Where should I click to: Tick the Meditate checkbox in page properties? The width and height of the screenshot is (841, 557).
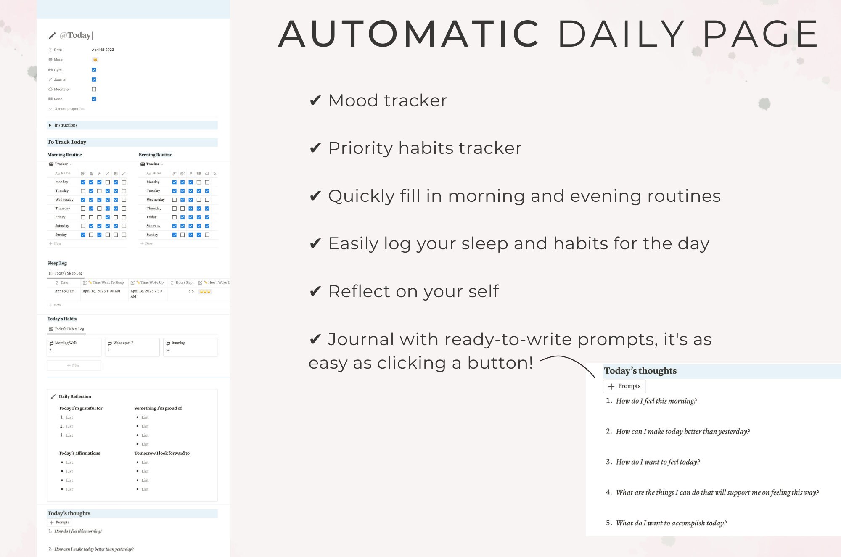point(94,89)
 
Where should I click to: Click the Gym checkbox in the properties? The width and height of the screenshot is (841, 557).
point(94,70)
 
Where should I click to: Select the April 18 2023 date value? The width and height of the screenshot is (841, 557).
point(103,50)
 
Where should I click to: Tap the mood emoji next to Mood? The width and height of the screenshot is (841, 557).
point(95,60)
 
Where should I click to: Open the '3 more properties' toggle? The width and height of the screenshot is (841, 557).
point(69,109)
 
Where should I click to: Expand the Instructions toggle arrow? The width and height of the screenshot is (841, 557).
point(50,125)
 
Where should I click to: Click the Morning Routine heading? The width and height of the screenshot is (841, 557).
point(64,155)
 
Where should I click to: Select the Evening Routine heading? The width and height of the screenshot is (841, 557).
point(156,155)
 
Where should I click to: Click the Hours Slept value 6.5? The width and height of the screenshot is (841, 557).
point(191,291)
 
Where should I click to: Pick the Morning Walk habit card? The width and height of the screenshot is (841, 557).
point(74,347)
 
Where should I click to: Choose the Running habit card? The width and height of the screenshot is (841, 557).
point(190,347)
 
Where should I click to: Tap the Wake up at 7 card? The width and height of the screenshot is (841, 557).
point(132,347)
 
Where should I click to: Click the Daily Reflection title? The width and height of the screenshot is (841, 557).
point(75,396)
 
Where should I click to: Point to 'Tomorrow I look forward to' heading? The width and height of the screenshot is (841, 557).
point(162,453)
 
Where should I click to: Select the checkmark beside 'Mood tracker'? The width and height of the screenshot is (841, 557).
point(315,101)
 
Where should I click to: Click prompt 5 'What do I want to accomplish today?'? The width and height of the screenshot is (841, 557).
point(671,523)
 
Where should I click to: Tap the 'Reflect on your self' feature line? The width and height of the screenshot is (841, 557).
point(413,291)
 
